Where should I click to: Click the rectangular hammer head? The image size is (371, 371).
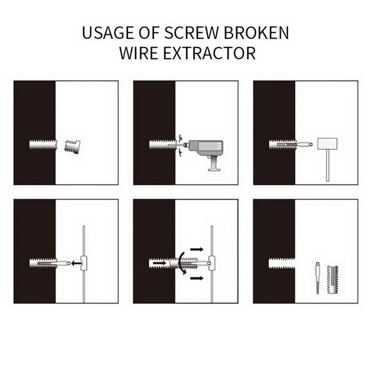click(327, 142)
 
